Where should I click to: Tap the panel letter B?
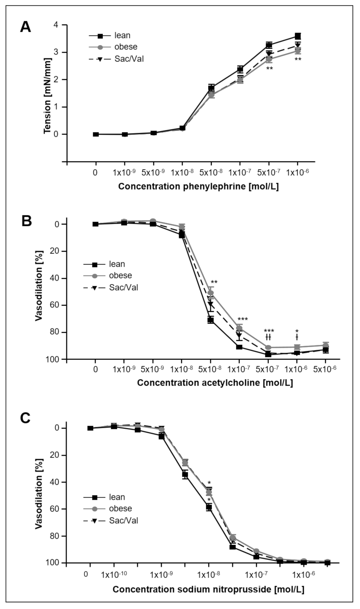pos(26,221)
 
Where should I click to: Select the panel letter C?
pos(25,418)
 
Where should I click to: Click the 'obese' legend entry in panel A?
pos(126,47)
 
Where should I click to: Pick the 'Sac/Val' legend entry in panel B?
pos(123,287)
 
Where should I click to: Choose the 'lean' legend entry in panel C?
pos(117,497)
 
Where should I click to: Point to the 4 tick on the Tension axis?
pos(55,25)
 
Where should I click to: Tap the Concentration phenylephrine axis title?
pos(198,186)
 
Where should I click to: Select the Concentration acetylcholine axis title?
pos(215,383)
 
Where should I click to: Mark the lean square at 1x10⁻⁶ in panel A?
pos(298,36)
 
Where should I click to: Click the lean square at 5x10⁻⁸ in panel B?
pos(211,320)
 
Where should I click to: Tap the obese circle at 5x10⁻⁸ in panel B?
pos(211,293)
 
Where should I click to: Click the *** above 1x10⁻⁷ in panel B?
pos(243,320)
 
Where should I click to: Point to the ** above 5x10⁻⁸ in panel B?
pos(214,282)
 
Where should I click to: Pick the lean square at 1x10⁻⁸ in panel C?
pos(209,507)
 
